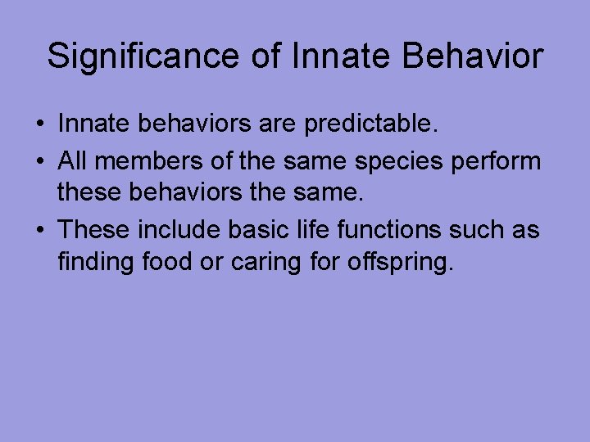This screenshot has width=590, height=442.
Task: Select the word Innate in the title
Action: point(324,56)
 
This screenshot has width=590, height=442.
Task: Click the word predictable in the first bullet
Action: point(371,125)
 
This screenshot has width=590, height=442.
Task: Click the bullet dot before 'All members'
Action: point(40,162)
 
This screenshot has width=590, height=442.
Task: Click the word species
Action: point(401,162)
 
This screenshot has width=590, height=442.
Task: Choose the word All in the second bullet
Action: point(76,160)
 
